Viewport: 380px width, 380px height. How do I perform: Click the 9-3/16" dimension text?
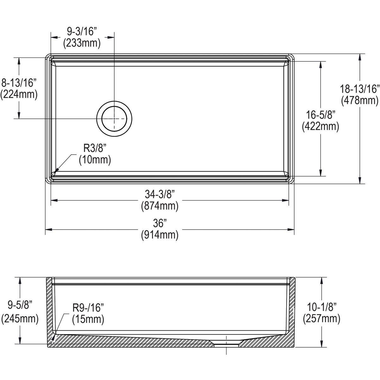click(82, 31)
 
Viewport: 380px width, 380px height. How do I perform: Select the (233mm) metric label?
click(82, 43)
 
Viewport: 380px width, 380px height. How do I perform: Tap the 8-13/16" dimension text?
click(19, 83)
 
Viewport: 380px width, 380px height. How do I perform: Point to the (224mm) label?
click(19, 94)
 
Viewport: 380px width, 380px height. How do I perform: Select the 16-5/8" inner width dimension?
click(320, 115)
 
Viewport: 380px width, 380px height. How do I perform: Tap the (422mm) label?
click(320, 126)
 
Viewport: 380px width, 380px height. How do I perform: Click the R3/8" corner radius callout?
click(95, 148)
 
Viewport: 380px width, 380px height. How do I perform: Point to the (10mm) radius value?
click(95, 160)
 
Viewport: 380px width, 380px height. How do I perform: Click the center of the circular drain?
click(114, 118)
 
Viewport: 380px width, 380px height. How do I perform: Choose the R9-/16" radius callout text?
click(88, 307)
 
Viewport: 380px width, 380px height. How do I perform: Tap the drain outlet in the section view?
click(227, 343)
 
